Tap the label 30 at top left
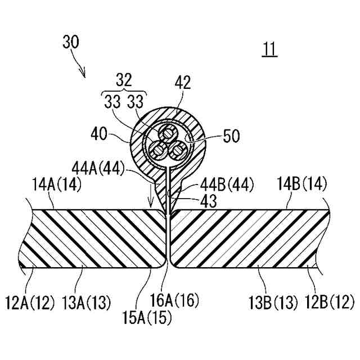(71, 42)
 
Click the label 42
(183, 83)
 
